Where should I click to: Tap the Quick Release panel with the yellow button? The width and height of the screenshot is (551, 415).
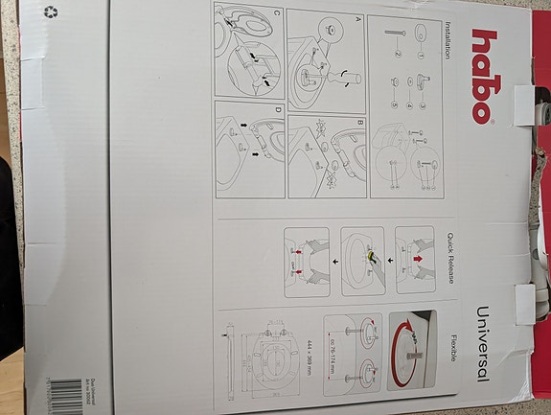(x=362, y=258)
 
